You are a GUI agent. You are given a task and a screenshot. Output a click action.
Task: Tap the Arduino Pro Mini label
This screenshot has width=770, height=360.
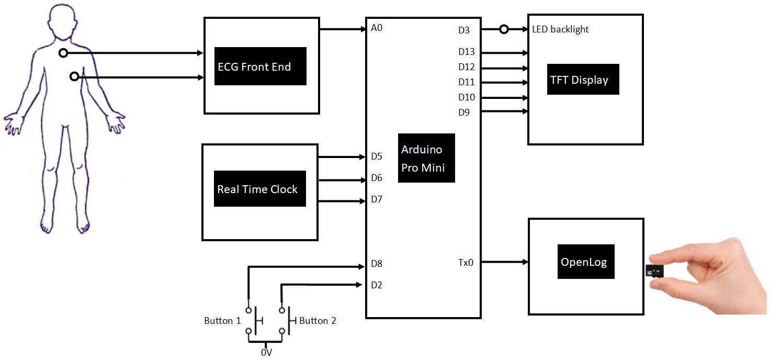[426, 158]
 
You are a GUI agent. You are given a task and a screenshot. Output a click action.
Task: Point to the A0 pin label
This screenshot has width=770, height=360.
[377, 28]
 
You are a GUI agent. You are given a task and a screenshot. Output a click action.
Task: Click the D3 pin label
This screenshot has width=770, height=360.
[463, 30]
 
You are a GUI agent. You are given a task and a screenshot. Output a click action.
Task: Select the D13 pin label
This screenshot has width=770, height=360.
[466, 52]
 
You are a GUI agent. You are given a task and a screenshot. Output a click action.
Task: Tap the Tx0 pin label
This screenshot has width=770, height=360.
[466, 262]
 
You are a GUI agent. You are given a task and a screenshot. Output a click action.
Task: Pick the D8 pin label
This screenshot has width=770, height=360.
[377, 264]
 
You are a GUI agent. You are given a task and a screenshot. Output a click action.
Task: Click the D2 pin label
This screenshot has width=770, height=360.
[377, 285]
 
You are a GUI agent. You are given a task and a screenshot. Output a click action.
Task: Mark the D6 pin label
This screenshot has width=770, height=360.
[377, 178]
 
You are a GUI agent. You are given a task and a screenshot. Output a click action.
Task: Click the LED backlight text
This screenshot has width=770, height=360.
[560, 30]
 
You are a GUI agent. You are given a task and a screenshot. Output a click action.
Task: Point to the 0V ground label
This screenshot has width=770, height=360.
[266, 353]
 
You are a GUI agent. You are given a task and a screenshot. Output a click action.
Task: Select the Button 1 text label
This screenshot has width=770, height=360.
[222, 321]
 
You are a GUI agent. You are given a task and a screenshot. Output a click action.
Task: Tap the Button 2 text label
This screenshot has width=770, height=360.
[318, 321]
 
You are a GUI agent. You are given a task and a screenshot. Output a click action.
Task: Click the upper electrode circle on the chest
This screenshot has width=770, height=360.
[63, 53]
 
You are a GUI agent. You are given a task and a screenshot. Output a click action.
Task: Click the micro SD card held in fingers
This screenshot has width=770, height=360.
[654, 271]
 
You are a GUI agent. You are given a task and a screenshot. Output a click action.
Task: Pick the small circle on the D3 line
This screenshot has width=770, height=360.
[504, 30]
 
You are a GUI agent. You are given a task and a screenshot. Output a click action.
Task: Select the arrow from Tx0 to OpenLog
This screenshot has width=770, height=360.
[504, 262]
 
